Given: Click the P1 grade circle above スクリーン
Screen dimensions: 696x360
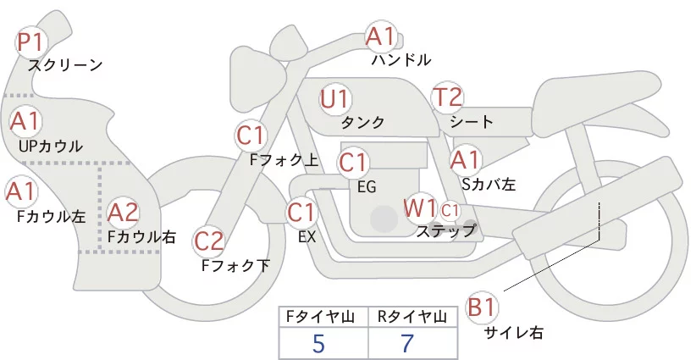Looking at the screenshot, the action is click(x=32, y=41).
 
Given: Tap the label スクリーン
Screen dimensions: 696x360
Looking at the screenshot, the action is click(x=65, y=64).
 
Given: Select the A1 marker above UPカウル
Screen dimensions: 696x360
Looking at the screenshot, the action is click(x=25, y=121).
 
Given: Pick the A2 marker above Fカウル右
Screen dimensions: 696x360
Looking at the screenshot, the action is click(x=123, y=212).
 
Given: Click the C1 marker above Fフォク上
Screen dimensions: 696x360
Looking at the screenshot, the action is click(x=251, y=134).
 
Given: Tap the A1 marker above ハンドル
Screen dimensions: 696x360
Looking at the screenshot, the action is click(x=381, y=36).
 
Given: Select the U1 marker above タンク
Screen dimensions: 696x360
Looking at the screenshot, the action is click(x=334, y=98).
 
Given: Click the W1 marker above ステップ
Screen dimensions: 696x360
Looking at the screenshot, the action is click(x=419, y=207).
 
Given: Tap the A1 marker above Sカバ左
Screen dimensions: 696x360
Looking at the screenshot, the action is click(x=465, y=158).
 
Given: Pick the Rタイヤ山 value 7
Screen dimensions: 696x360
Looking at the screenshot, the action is click(x=408, y=343).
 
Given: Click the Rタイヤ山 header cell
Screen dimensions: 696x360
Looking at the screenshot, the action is click(x=412, y=317).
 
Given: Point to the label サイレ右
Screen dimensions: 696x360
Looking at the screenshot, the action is click(x=513, y=333).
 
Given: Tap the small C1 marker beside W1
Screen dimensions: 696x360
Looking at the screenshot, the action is click(x=450, y=208).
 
